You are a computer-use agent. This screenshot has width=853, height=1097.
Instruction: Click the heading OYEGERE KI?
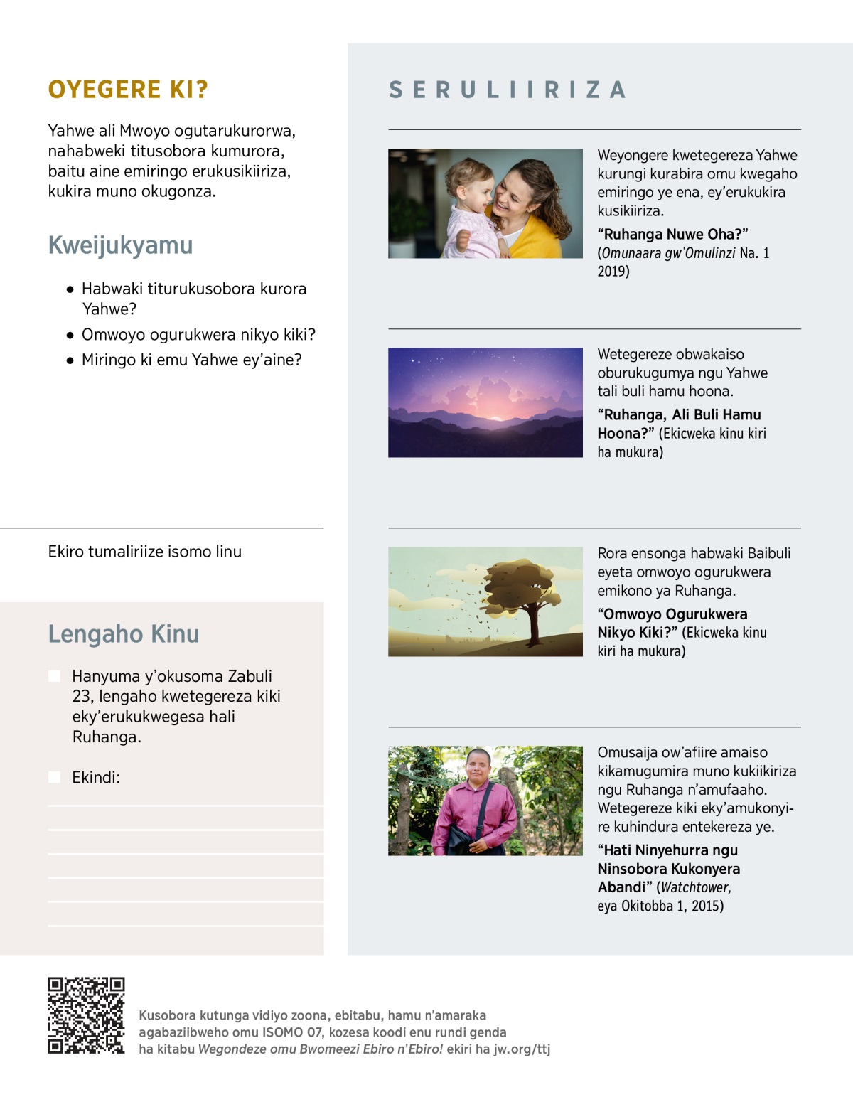point(128,90)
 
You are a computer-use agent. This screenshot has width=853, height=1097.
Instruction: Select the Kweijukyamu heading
point(120,245)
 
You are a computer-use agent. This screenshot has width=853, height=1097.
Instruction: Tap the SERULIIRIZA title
point(507,90)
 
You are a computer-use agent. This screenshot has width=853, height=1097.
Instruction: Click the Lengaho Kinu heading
point(124,634)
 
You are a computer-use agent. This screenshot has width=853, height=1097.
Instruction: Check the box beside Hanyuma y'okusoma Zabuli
point(55,676)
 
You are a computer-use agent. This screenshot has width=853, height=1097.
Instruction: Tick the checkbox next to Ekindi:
point(55,777)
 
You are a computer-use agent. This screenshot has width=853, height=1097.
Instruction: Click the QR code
point(86,1015)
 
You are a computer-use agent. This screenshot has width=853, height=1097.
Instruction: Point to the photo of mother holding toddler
point(485,203)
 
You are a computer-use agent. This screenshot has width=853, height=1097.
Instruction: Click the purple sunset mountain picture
point(485,402)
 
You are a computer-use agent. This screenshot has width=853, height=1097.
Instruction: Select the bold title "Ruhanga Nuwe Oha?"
point(672,235)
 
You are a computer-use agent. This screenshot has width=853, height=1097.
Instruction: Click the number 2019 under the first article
point(613,272)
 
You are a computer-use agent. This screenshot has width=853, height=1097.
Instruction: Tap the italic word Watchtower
point(695,887)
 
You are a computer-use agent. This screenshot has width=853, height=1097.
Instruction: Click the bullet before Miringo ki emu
point(70,360)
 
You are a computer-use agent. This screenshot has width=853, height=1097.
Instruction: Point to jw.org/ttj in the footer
point(522,1049)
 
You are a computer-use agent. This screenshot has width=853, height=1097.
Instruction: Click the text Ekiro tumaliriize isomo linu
point(145,552)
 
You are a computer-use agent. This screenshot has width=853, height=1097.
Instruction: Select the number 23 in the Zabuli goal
point(82,696)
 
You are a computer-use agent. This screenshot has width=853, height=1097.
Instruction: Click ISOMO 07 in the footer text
point(292,1032)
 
